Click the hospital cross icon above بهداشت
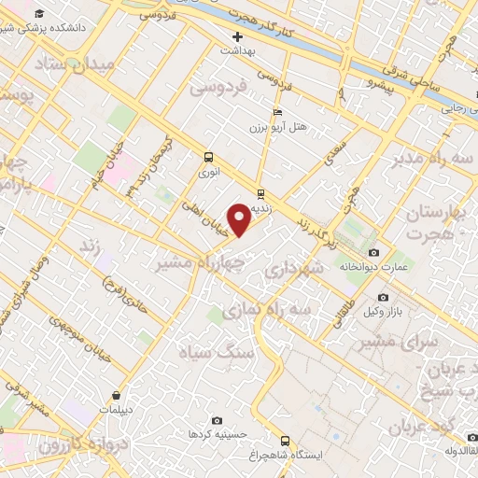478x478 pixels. click(237, 37)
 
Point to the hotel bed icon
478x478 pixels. click(276, 111)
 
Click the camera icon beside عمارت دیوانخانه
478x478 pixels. click(374, 253)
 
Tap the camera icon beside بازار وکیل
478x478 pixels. click(383, 297)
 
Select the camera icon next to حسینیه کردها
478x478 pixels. click(218, 421)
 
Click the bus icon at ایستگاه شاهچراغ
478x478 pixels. click(285, 441)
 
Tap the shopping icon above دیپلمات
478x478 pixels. click(116, 395)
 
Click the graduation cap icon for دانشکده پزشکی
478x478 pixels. click(39, 14)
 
